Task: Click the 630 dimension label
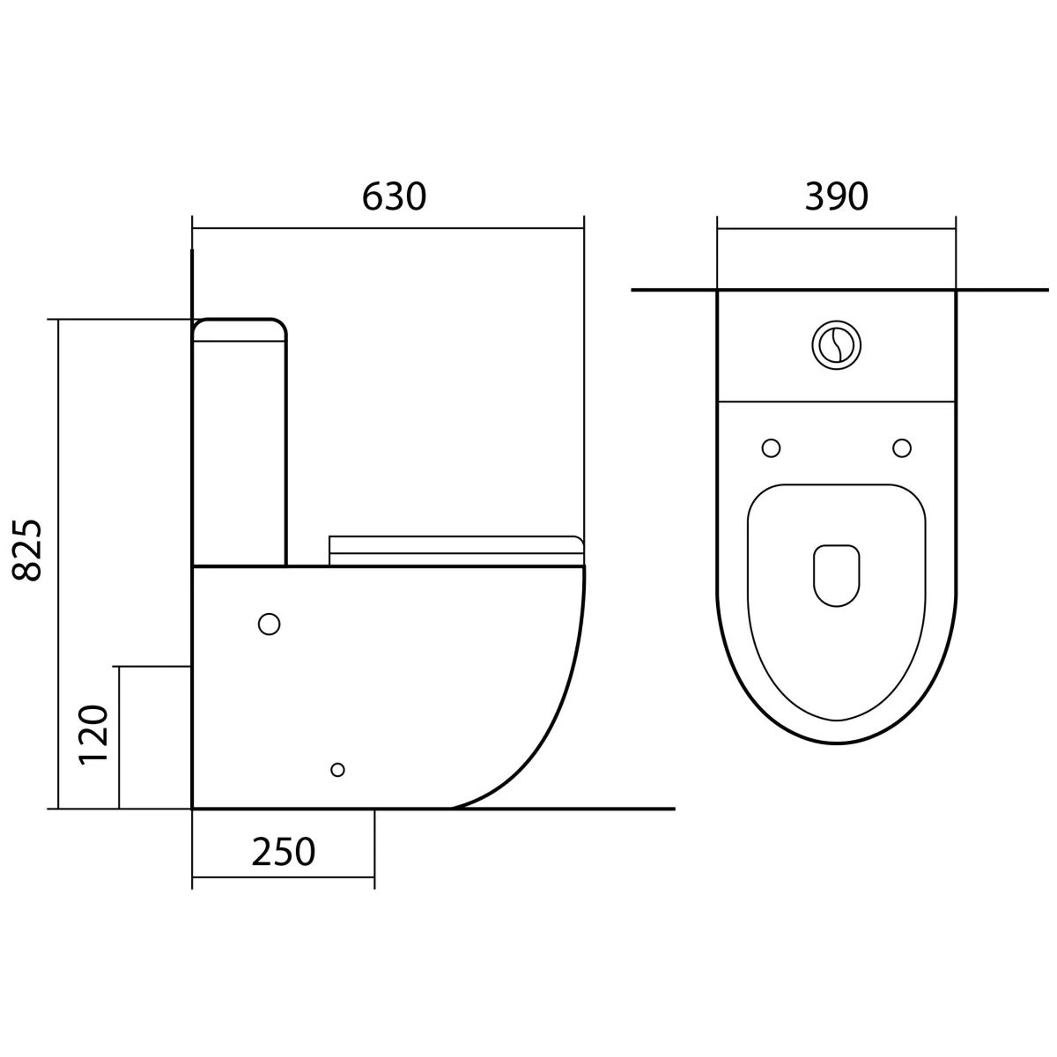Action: click(x=394, y=196)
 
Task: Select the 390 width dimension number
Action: click(x=836, y=196)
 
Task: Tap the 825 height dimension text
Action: click(x=27, y=551)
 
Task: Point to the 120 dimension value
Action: click(x=93, y=735)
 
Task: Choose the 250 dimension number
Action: click(x=283, y=851)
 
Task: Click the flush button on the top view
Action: click(x=836, y=345)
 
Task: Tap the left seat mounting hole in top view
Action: click(x=771, y=447)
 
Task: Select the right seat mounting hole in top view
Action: click(x=902, y=447)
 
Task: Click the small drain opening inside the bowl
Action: click(x=836, y=575)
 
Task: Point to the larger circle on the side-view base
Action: click(x=269, y=624)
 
